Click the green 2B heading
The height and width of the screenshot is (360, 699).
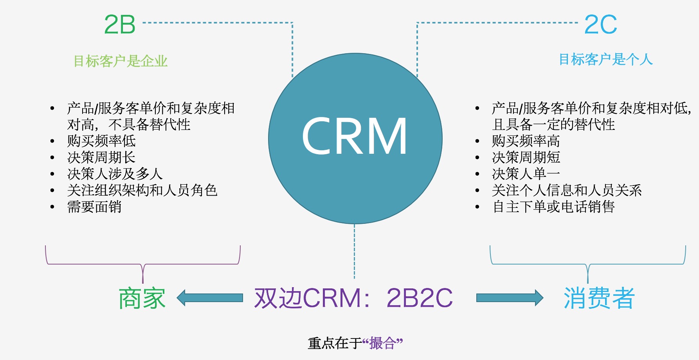pos(120,25)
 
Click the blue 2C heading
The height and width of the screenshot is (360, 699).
pos(600,25)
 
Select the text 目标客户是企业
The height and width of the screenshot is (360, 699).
pos(121,61)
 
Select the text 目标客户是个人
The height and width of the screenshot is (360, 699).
pos(605,59)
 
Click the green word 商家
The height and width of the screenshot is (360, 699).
pos(142,298)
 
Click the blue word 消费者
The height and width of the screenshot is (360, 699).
pos(599,298)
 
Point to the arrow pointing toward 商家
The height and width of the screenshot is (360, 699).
pos(210,298)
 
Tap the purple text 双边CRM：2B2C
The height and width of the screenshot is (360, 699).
pos(353,298)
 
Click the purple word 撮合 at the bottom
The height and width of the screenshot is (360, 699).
pos(382,344)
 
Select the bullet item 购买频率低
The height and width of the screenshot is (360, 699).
pos(101,141)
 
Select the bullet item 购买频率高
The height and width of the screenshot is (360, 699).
pos(526,141)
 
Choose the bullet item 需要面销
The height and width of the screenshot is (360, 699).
pos(94,207)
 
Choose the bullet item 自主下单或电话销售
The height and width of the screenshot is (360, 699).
pos(553,207)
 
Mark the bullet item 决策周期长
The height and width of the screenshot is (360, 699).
pos(101,157)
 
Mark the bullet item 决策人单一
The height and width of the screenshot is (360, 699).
pos(526,174)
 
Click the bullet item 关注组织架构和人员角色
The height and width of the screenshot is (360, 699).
pos(142,190)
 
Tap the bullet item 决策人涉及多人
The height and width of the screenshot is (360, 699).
pos(115,174)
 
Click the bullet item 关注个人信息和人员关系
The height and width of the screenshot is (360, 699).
pos(567,190)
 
